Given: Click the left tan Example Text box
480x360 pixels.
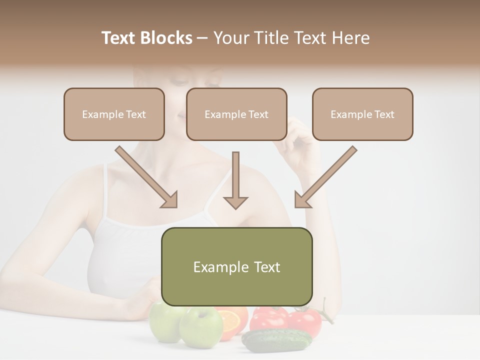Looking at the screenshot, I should point(114,114).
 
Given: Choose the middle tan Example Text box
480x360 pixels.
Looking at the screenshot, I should point(236,114).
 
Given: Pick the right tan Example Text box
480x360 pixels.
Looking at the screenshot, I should point(362,114).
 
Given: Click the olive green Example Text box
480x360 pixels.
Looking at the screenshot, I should point(236,266).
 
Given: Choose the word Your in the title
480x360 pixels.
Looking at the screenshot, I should point(231,38).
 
